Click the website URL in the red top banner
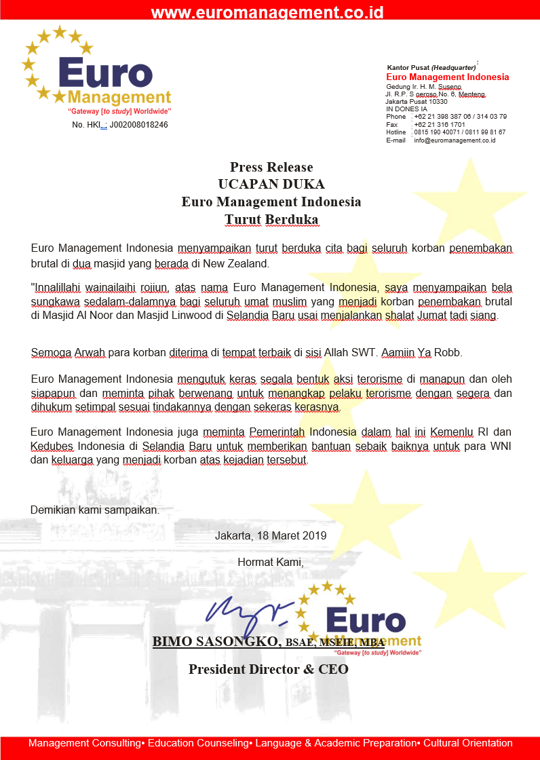267,12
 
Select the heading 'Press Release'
271,167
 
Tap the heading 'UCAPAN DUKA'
271,185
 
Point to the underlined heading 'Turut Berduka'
271,219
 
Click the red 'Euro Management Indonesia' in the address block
447,77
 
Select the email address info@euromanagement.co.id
455,140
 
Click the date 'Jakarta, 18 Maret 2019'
271,535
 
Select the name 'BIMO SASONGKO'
216,641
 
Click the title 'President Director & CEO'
269,669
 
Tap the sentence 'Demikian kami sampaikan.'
95,510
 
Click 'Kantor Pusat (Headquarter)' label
431,68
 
